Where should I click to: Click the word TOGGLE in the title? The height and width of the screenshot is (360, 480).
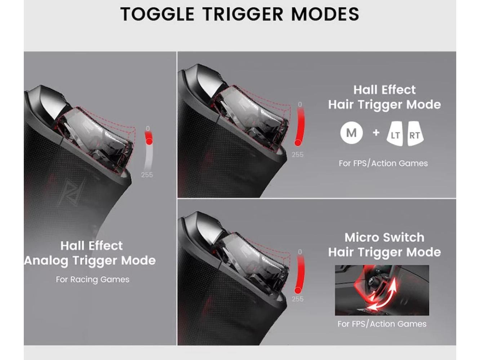[x=157, y=14]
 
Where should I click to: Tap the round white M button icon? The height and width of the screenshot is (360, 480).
[x=351, y=133]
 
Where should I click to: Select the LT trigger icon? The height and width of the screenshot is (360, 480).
[x=395, y=134]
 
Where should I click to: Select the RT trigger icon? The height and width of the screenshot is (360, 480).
[x=415, y=134]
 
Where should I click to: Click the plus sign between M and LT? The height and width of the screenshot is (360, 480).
[x=376, y=133]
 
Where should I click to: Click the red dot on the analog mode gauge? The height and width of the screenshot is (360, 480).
[x=149, y=141]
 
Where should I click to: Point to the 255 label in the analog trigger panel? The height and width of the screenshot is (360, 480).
[x=147, y=175]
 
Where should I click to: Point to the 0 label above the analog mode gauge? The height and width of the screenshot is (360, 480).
[x=148, y=129]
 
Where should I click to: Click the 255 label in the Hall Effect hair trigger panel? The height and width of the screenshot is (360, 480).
[x=298, y=155]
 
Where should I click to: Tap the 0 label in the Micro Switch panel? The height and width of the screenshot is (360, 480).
[x=300, y=252]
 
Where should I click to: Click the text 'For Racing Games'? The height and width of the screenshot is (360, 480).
[x=93, y=280]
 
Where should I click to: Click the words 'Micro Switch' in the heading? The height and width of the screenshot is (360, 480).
[x=385, y=237]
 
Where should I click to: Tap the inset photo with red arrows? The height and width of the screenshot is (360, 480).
[x=382, y=290]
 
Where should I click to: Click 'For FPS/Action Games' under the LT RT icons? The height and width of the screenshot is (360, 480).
[x=383, y=164]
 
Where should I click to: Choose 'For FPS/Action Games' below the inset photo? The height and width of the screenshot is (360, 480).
[x=382, y=324]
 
